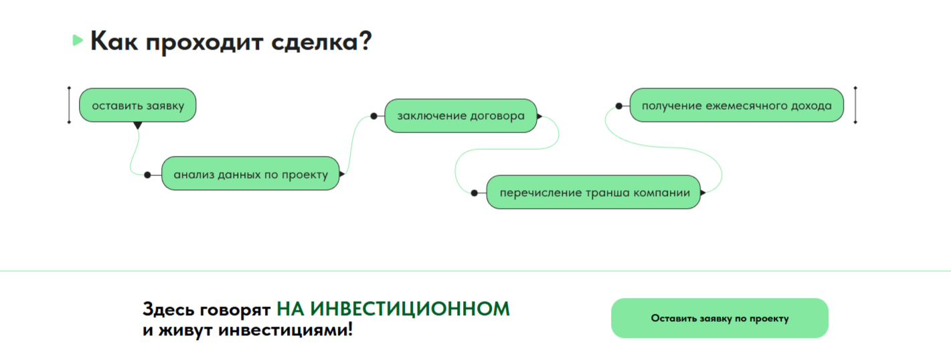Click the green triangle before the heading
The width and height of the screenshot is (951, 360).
click(x=78, y=40)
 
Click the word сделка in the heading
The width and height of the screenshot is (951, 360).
click(x=321, y=42)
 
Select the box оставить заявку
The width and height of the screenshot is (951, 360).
click(x=138, y=105)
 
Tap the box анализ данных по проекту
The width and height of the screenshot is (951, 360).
click(x=250, y=173)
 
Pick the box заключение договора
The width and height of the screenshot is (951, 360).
click(x=460, y=116)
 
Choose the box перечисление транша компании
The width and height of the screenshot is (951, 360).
click(x=594, y=192)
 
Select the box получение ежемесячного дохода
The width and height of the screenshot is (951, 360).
click(x=737, y=105)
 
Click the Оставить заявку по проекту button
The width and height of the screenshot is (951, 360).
click(x=719, y=318)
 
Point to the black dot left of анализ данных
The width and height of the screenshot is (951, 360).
click(x=147, y=175)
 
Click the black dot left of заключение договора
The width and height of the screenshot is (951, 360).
click(x=373, y=116)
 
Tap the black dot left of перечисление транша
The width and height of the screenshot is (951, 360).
click(x=474, y=193)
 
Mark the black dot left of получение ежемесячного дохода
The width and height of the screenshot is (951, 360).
click(x=619, y=106)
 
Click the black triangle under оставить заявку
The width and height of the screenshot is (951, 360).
click(x=138, y=125)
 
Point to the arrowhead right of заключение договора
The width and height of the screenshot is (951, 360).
click(x=539, y=116)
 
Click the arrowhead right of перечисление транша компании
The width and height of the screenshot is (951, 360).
click(x=703, y=193)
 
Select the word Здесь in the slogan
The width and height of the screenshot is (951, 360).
click(x=169, y=310)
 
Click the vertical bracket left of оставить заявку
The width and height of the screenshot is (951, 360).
click(x=69, y=105)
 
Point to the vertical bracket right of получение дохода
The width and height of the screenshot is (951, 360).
click(x=855, y=105)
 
